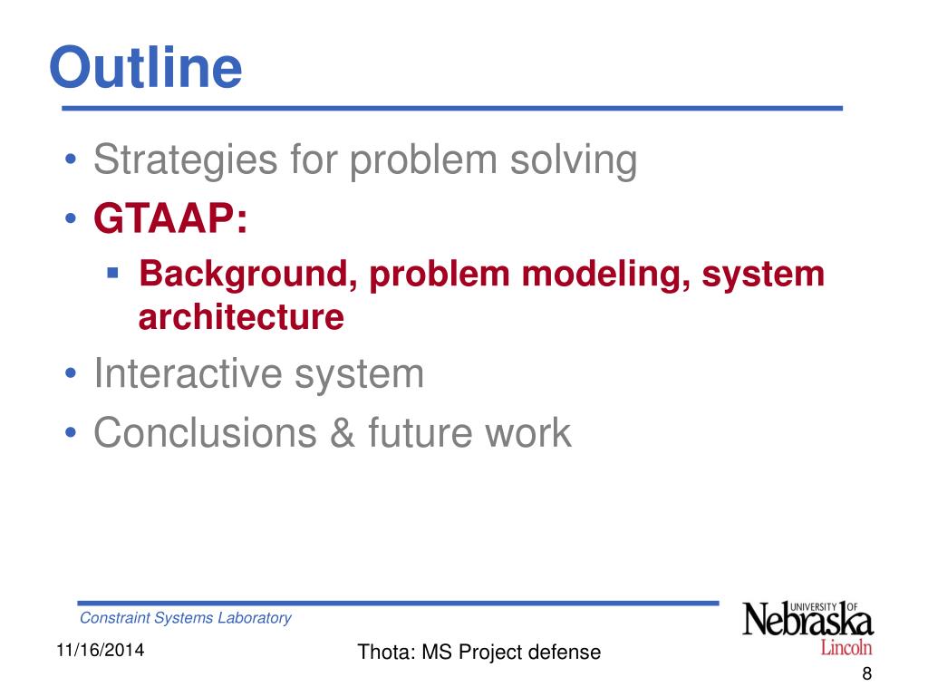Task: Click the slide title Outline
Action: [x=146, y=67]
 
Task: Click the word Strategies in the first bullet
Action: [x=185, y=160]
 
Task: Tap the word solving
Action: [x=574, y=160]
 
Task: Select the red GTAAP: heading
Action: [x=170, y=217]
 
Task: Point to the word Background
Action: [x=248, y=275]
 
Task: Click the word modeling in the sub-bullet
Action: [x=606, y=275]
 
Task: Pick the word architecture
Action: [x=241, y=316]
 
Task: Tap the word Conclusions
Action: [x=205, y=432]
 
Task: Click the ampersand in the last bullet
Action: [x=342, y=432]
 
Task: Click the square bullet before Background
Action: [x=113, y=273]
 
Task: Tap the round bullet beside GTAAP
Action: [x=71, y=217]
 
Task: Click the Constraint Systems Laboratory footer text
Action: [x=185, y=618]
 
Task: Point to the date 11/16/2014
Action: [x=100, y=650]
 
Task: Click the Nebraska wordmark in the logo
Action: [x=807, y=620]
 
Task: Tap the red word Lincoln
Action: [x=846, y=647]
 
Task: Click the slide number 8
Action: [x=866, y=673]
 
